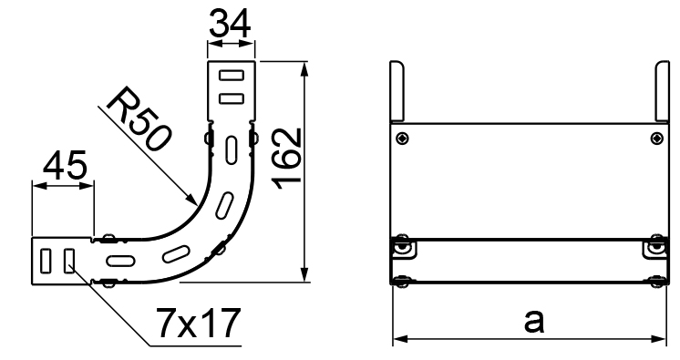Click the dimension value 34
pyautogui.click(x=230, y=23)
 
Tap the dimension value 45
pyautogui.click(x=65, y=165)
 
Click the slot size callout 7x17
pyautogui.click(x=198, y=323)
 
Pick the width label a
pyautogui.click(x=533, y=322)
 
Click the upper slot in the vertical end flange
pyautogui.click(x=232, y=76)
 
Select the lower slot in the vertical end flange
pyautogui.click(x=232, y=98)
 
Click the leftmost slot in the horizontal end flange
pyautogui.click(x=46, y=261)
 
